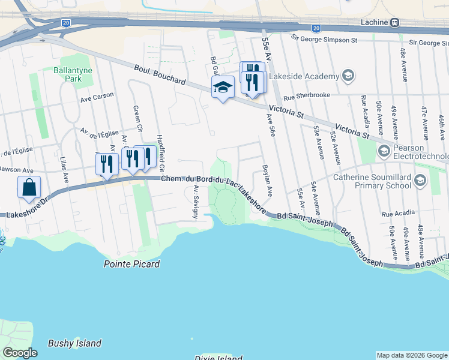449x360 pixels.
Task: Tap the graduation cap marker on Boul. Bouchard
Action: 223,88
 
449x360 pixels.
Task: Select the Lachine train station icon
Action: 395,22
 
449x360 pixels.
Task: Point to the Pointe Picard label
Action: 131,264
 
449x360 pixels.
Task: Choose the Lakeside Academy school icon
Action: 348,76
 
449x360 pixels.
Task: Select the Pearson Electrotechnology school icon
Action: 384,152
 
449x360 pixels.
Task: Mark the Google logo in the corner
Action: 20,353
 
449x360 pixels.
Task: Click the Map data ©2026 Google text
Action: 412,355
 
